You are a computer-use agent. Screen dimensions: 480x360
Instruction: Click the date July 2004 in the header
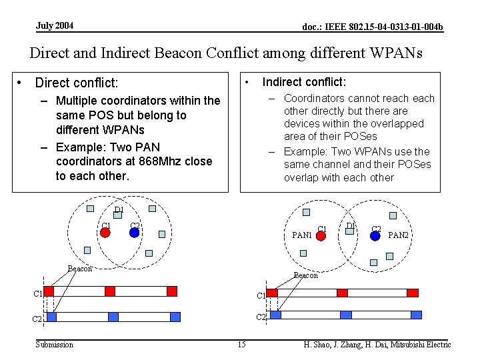(x=55, y=26)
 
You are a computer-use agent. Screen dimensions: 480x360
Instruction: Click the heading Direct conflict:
(x=76, y=83)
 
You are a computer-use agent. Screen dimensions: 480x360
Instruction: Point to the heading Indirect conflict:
(x=304, y=82)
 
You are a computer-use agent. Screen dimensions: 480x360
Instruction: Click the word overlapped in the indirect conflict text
(x=398, y=123)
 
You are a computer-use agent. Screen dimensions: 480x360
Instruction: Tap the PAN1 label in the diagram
(x=302, y=235)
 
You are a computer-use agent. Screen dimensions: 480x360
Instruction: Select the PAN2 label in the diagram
(x=399, y=235)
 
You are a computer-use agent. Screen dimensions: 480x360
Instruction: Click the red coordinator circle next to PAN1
(x=321, y=235)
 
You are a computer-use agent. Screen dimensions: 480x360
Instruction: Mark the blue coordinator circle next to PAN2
(x=375, y=235)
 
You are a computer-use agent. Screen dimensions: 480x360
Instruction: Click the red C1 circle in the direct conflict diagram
(x=105, y=233)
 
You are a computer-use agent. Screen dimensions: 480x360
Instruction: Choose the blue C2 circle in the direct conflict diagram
(x=134, y=233)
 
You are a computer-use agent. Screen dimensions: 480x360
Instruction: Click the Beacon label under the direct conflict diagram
(x=80, y=269)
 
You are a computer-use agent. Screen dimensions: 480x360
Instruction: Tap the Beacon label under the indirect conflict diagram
(x=306, y=275)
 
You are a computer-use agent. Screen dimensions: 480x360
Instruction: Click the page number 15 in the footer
(x=241, y=345)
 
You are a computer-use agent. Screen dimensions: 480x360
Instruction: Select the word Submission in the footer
(x=54, y=345)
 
